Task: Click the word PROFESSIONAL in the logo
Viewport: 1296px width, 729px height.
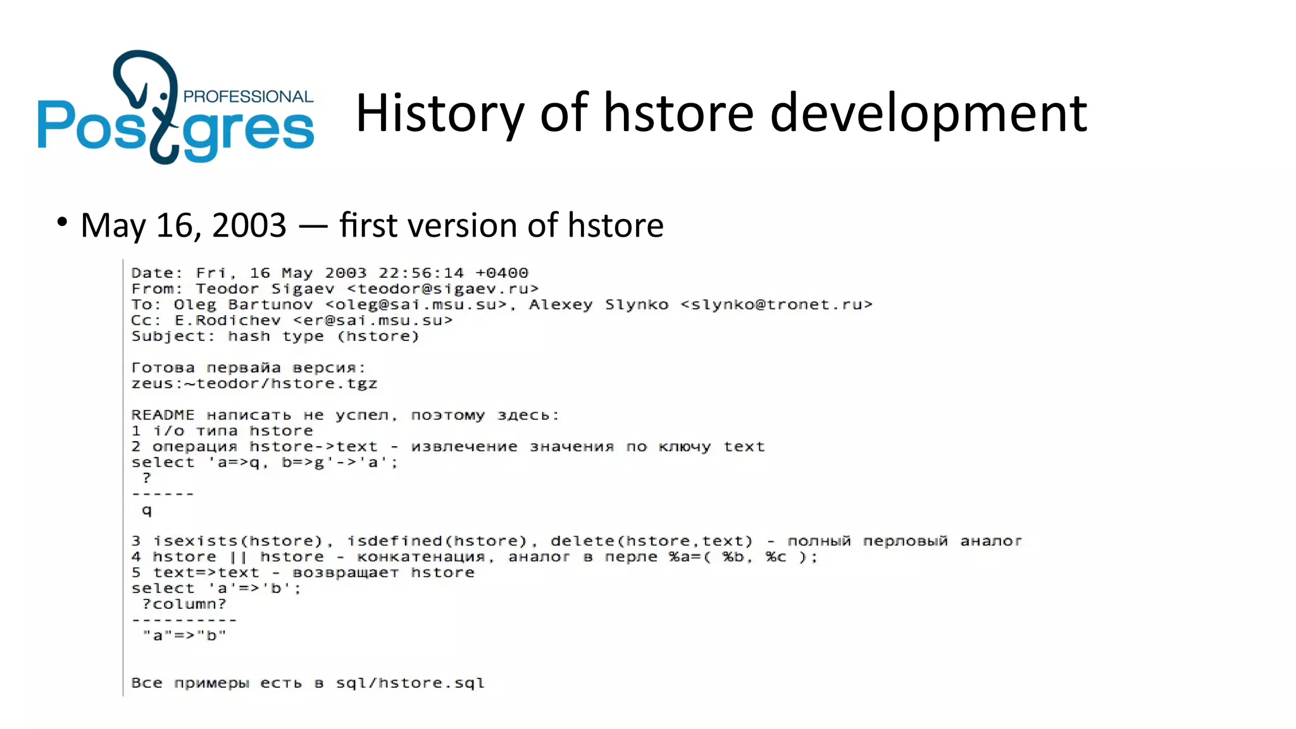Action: click(x=248, y=97)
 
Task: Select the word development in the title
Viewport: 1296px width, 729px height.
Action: click(x=928, y=113)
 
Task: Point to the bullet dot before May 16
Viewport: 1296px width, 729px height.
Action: click(x=61, y=222)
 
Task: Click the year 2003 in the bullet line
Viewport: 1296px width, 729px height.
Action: click(x=249, y=225)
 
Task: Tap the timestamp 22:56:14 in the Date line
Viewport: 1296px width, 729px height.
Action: click(x=421, y=273)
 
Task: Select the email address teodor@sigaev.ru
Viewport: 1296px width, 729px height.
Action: click(x=443, y=289)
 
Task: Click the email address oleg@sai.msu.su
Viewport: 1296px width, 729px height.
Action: click(x=416, y=305)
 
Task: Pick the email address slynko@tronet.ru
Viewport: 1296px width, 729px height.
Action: click(x=776, y=305)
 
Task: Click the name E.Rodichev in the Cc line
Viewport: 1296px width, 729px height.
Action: click(x=228, y=321)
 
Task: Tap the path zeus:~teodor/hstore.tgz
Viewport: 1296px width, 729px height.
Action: click(x=254, y=384)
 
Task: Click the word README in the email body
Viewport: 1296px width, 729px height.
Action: click(x=163, y=416)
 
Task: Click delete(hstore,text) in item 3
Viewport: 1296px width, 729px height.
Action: click(x=652, y=542)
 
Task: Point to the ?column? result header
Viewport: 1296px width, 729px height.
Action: click(x=184, y=604)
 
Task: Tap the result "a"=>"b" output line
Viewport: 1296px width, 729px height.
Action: click(x=184, y=636)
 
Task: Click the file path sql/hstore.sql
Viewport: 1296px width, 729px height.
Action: click(x=410, y=683)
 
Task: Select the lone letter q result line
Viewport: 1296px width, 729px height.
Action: click(x=147, y=510)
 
